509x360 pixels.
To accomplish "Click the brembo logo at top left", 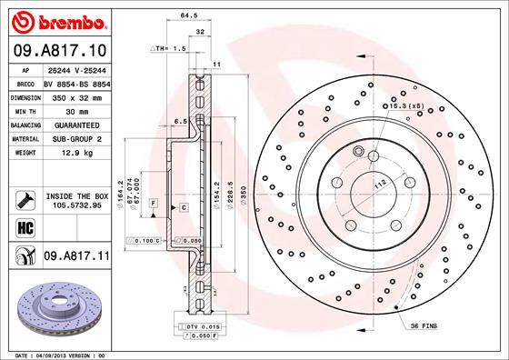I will [57, 20].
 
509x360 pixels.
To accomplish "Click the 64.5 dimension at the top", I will [188, 15].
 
